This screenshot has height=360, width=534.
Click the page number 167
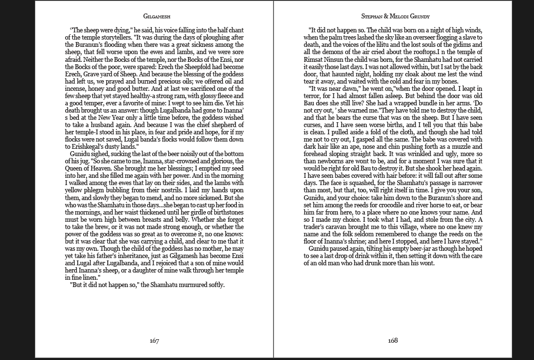tap(154, 341)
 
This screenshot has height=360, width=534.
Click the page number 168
tap(393, 341)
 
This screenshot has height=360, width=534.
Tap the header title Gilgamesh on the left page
tap(154, 16)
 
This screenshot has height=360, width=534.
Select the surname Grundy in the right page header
tap(414, 16)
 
